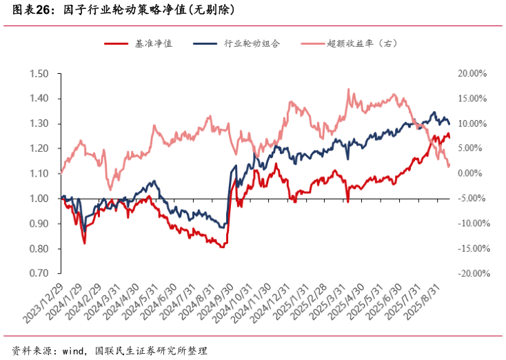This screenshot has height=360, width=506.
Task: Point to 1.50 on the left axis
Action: coord(39,74)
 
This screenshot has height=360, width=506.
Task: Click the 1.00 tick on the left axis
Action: coord(39,199)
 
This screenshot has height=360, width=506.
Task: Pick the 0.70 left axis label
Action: coord(39,274)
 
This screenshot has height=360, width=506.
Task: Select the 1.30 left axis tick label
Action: coord(39,123)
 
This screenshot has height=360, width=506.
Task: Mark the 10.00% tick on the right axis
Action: coord(472,123)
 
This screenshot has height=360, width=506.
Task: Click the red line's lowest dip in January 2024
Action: coord(84,243)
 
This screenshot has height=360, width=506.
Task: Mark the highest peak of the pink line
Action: coord(348,89)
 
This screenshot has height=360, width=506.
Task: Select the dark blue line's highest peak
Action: coord(434,112)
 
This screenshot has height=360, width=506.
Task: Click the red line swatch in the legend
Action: coord(115,43)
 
